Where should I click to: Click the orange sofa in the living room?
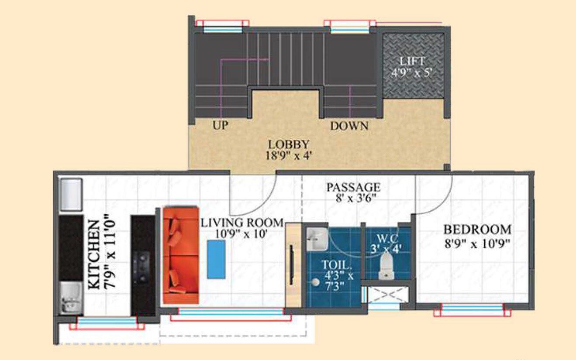point(181,255)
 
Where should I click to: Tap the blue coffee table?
point(216,259)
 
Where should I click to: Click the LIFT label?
point(412,61)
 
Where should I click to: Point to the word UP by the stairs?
point(221,126)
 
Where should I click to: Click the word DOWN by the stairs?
point(349,127)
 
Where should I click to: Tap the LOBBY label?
point(289,144)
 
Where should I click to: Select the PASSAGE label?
point(354,188)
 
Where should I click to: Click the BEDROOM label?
point(477,230)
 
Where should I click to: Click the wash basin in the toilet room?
point(317,239)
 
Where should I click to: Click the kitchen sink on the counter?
point(70,298)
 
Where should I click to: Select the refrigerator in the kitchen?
point(70,195)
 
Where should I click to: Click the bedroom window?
point(472,309)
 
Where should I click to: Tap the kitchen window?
point(107,322)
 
